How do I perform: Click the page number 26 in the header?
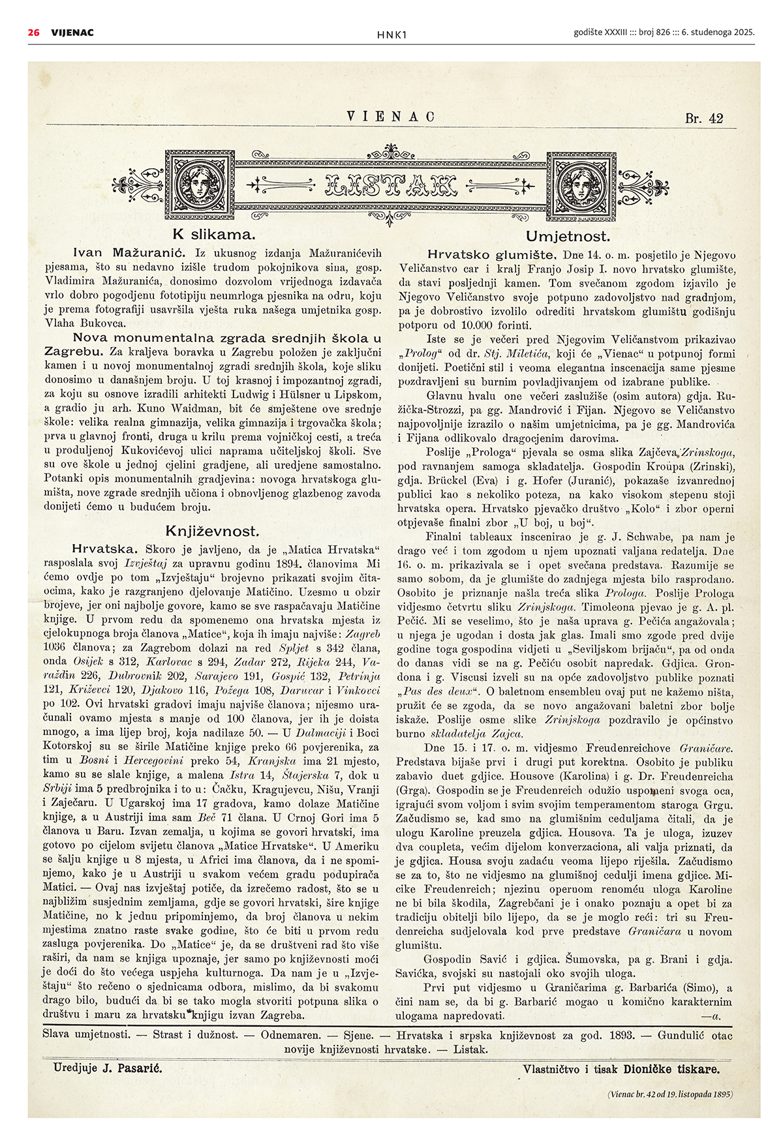33,32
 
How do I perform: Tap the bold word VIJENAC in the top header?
72,32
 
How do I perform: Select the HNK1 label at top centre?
391,35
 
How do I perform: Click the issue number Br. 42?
704,118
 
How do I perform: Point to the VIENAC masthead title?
391,117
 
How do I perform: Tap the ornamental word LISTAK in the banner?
390,187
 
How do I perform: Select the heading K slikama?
213,235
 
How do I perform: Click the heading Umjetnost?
568,236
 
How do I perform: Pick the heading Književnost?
213,531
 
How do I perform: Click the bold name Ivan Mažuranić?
130,252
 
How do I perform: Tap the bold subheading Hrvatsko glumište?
491,254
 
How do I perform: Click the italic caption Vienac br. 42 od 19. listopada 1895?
669,1094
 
